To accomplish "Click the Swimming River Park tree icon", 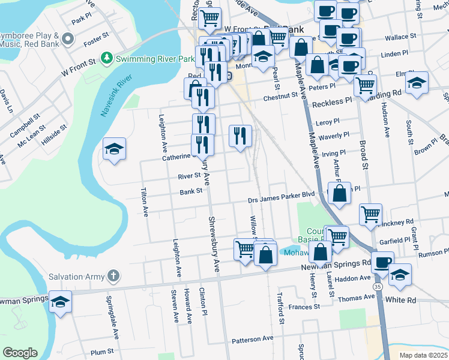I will (x=107, y=58).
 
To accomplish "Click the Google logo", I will (x=20, y=353).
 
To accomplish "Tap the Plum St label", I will (x=101, y=351).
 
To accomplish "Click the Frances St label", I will (x=304, y=307).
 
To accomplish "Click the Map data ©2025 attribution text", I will (x=423, y=355).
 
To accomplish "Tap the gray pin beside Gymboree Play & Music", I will (x=68, y=40).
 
